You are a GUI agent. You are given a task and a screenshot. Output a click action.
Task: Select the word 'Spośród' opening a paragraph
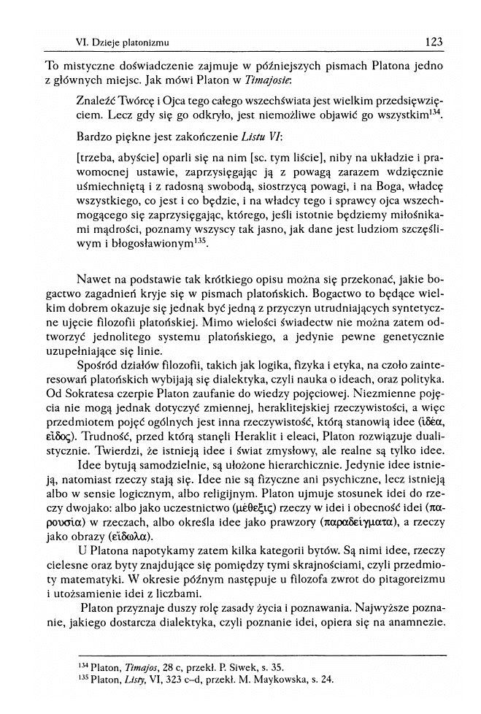point(96,364)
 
